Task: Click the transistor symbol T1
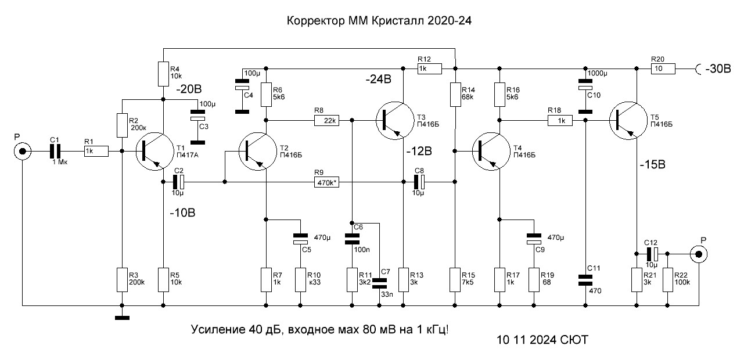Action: coord(154,152)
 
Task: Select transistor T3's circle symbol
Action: coord(395,121)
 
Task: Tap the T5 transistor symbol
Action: coord(628,121)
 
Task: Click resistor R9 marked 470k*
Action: coord(326,182)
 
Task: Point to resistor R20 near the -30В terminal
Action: coord(663,69)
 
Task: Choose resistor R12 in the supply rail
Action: coord(429,69)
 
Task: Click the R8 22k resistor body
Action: coord(326,121)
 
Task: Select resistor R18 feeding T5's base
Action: coord(560,121)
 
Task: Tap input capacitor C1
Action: coord(56,152)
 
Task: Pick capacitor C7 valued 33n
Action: coord(379,283)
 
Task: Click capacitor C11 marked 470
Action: coord(585,280)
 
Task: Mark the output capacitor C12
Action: coord(652,254)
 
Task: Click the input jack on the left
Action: coord(23,152)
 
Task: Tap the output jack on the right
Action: coord(699,254)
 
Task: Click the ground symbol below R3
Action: coord(122,318)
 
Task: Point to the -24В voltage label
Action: coord(378,80)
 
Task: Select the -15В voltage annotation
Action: coord(653,165)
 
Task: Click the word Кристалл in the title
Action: coord(398,21)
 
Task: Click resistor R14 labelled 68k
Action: coord(455,95)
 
